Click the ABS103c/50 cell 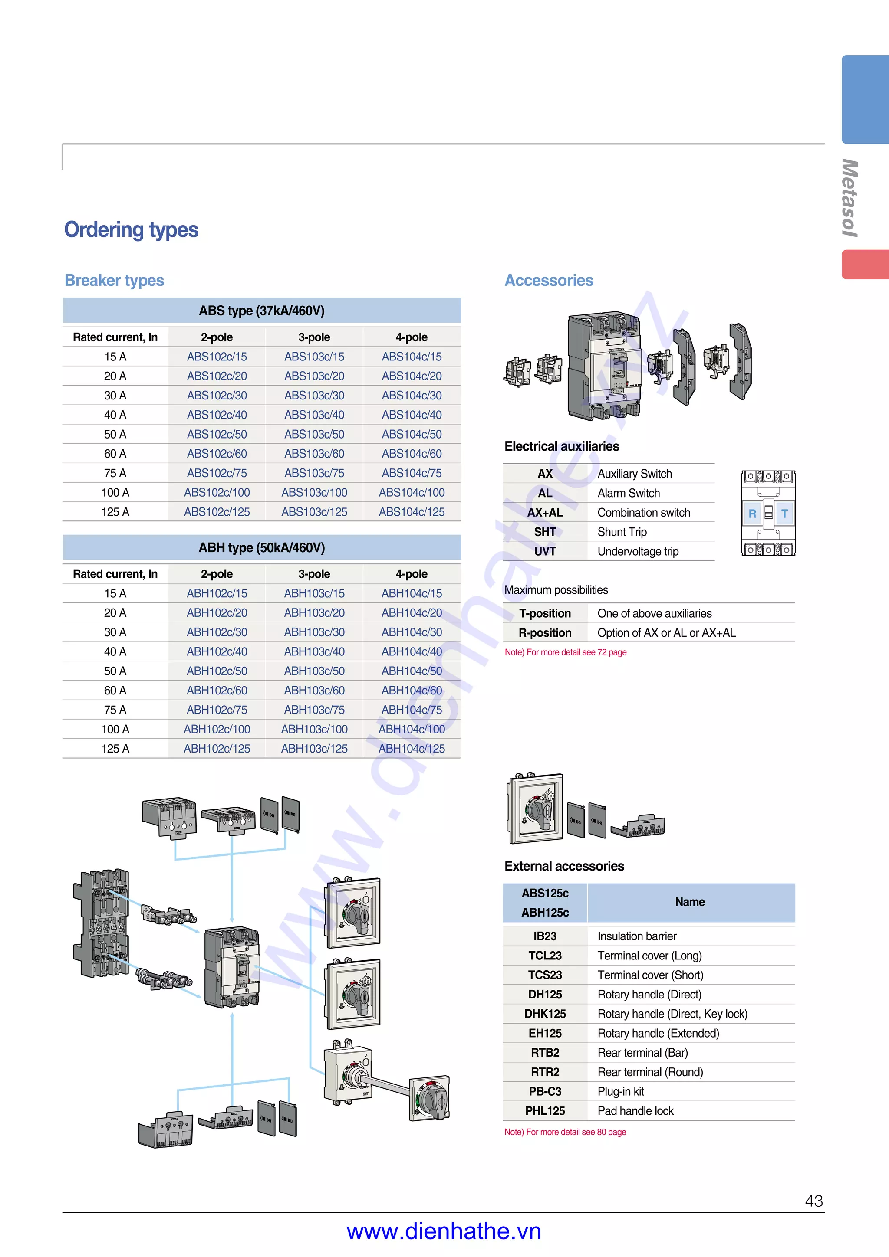coord(314,434)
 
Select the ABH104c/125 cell coord(412,748)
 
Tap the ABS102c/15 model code coord(217,357)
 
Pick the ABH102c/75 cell coord(217,710)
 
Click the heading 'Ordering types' coord(132,229)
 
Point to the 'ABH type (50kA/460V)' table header coord(261,547)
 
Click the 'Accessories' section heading coord(549,280)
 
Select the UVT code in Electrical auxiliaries coord(545,551)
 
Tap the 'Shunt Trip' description coord(622,532)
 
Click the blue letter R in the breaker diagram coord(752,514)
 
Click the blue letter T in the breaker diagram coord(784,514)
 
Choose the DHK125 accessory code coord(545,1014)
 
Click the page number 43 coord(813,1201)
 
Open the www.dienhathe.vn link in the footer coord(444,1231)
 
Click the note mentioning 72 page coord(565,652)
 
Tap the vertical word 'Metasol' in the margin coord(849,198)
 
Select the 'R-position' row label coord(545,633)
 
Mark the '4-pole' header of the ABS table coord(412,337)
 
